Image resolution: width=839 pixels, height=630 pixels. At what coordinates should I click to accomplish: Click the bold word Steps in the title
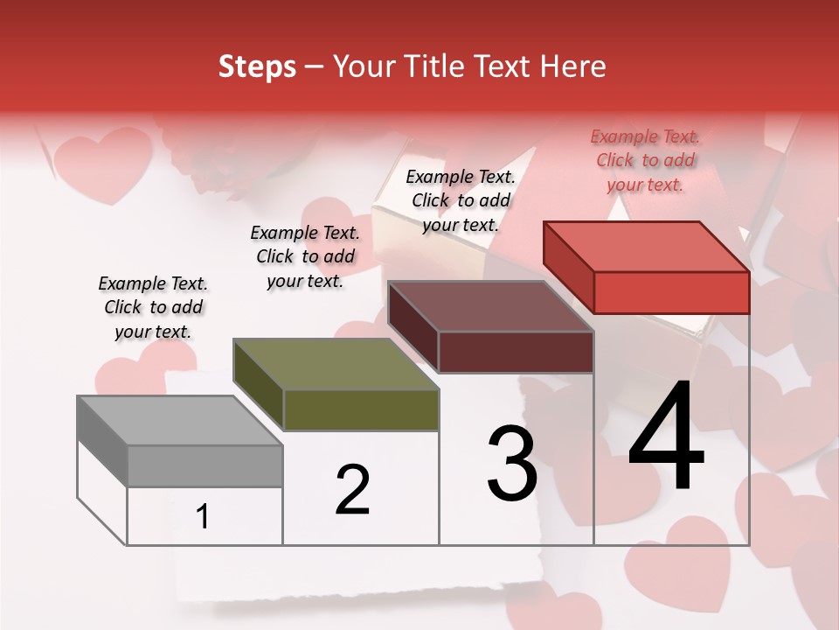(x=257, y=66)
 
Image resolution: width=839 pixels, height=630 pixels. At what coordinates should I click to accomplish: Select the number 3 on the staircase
(x=511, y=464)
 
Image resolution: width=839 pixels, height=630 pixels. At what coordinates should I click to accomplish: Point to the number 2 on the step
(x=352, y=490)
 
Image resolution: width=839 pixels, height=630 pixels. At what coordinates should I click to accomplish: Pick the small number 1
(x=203, y=517)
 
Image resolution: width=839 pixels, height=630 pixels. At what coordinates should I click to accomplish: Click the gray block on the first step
(x=205, y=465)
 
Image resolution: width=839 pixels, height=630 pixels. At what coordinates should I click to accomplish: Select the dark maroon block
(x=516, y=352)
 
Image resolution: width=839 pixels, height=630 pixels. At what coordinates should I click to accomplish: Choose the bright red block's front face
(x=671, y=292)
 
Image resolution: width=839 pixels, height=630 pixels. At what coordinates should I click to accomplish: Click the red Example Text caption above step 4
(x=646, y=160)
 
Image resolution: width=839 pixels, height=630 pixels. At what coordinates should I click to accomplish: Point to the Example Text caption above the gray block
(x=153, y=307)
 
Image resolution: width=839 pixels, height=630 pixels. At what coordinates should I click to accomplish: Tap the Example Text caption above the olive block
(x=305, y=256)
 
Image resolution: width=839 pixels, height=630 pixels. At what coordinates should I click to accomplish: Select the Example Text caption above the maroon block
(x=461, y=200)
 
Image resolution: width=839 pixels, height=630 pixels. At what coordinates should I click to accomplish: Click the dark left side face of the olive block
(x=258, y=385)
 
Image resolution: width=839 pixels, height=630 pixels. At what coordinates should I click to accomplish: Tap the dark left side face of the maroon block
(x=413, y=328)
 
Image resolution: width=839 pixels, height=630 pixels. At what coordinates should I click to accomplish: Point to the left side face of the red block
(x=568, y=267)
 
